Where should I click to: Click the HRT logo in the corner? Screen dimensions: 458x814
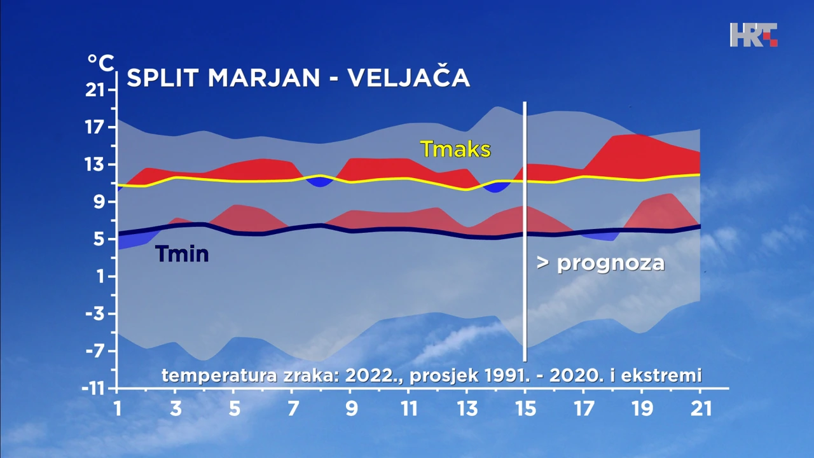(x=754, y=34)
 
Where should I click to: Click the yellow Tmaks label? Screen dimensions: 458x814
(x=455, y=149)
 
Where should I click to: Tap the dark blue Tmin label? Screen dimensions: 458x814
(x=182, y=254)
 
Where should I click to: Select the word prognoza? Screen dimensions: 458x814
(x=610, y=263)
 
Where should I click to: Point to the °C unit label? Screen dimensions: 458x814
(x=100, y=63)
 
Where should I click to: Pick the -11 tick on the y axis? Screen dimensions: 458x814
(x=94, y=388)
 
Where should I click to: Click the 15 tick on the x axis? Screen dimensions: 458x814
(x=525, y=408)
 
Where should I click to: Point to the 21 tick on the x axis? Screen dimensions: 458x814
(x=700, y=408)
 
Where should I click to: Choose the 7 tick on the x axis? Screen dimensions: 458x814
(x=293, y=408)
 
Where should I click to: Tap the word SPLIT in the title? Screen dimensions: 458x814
(x=163, y=78)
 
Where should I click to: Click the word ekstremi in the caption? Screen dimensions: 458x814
(x=669, y=375)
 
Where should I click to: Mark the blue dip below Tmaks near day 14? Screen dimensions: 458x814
(x=495, y=186)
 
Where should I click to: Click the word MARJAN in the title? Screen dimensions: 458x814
(x=263, y=78)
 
